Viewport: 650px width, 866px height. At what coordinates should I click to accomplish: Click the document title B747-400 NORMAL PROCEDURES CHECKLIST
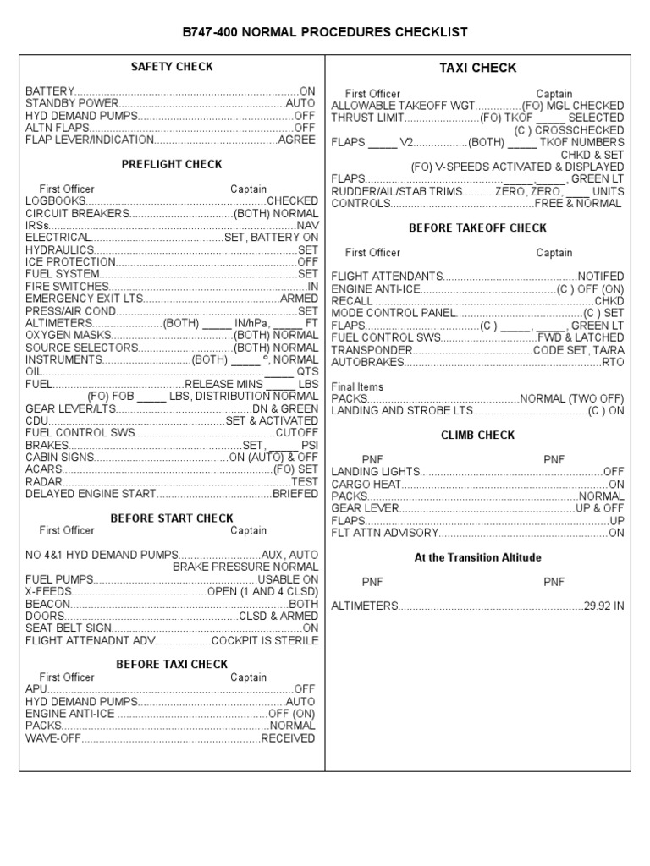[x=325, y=32]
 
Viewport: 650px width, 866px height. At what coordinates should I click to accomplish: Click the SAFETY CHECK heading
[x=172, y=67]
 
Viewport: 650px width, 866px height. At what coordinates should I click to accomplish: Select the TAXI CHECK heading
[x=477, y=69]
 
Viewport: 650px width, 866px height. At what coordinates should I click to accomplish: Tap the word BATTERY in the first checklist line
[x=50, y=90]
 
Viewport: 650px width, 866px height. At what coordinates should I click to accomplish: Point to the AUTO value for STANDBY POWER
[x=300, y=103]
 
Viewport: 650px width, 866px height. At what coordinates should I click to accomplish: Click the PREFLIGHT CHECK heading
[x=172, y=165]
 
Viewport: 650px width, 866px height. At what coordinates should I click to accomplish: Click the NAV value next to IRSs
[x=308, y=226]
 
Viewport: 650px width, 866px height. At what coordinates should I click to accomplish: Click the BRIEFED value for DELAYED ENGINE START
[x=295, y=494]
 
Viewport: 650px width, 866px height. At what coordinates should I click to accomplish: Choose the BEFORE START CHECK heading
[x=172, y=518]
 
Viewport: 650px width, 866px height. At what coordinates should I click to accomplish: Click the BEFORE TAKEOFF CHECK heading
[x=477, y=228]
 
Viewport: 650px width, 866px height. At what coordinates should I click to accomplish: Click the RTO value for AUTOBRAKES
[x=613, y=362]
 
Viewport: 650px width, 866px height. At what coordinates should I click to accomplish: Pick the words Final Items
[x=357, y=386]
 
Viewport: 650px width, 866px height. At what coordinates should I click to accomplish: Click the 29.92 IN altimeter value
[x=603, y=606]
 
